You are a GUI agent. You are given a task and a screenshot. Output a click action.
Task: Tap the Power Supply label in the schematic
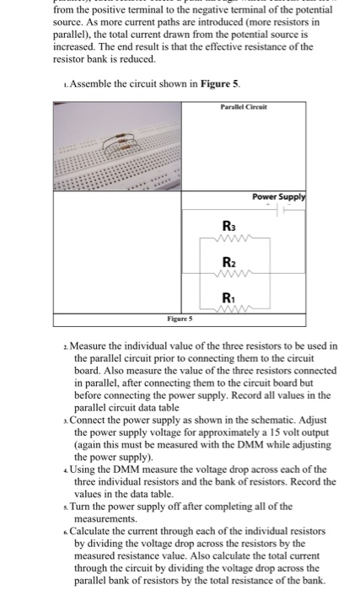tap(277, 197)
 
